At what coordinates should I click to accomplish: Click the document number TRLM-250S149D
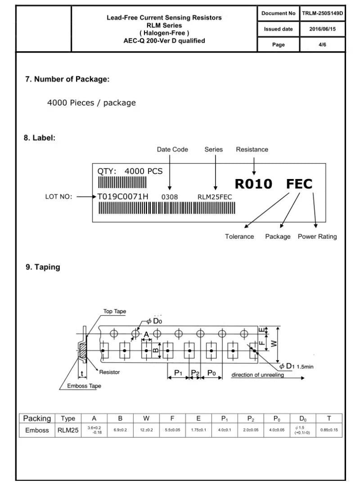pos(322,13)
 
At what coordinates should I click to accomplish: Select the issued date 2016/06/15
pos(322,29)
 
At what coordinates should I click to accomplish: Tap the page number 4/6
pos(322,45)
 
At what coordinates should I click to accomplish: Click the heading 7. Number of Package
pos(67,79)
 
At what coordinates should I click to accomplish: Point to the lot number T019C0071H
pos(122,197)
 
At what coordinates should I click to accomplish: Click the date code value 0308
pos(170,197)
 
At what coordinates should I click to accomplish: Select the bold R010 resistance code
pos(253,184)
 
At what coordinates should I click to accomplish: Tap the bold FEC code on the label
pos(299,184)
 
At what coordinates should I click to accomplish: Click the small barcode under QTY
pos(122,182)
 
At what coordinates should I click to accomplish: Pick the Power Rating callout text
pos(317,237)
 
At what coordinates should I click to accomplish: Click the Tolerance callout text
pos(239,237)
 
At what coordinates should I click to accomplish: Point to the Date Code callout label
pos(172,149)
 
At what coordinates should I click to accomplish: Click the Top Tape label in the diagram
pos(115,311)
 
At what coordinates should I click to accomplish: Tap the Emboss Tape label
pos(84,386)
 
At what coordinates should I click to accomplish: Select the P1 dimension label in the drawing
pos(178,372)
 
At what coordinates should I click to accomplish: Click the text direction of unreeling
pos(257,375)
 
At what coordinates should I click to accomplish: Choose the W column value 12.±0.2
pos(146,430)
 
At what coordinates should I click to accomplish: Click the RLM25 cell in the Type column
pos(68,430)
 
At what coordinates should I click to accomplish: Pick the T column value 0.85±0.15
pos(329,430)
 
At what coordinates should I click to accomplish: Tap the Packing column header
pos(37,419)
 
